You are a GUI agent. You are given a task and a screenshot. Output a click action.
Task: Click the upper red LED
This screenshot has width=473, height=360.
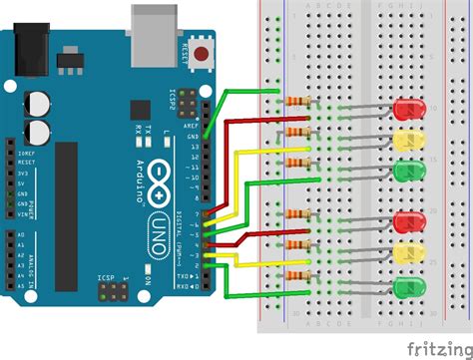click(409, 107)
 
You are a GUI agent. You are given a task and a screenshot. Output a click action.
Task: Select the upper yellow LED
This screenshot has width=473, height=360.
click(409, 140)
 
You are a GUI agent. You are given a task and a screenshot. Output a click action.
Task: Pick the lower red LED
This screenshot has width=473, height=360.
click(409, 220)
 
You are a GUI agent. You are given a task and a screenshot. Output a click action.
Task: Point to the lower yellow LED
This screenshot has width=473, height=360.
click(409, 253)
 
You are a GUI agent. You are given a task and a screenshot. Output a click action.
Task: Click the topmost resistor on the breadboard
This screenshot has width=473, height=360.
click(297, 101)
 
